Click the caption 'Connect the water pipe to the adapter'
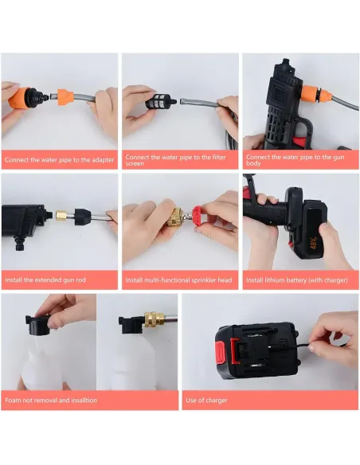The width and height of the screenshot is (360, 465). click(59, 160)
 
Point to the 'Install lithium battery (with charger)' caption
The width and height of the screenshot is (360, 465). click(296, 280)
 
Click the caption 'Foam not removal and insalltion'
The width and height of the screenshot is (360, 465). click(51, 400)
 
